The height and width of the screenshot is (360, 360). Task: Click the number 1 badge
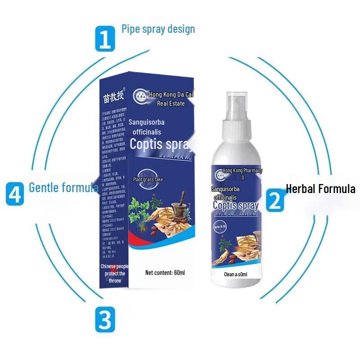point(105,39)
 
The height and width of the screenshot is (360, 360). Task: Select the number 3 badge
point(104,319)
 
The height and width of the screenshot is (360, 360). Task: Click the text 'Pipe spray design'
point(158,29)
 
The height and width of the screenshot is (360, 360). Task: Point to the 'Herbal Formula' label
point(320,189)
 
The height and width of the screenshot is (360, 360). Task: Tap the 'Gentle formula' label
point(63,187)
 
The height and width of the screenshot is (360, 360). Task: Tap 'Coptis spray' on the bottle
point(236,206)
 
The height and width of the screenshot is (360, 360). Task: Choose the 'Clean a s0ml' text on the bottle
point(236,274)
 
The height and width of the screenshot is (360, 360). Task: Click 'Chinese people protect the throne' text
point(114,273)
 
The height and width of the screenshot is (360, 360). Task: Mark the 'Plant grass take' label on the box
point(148,179)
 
